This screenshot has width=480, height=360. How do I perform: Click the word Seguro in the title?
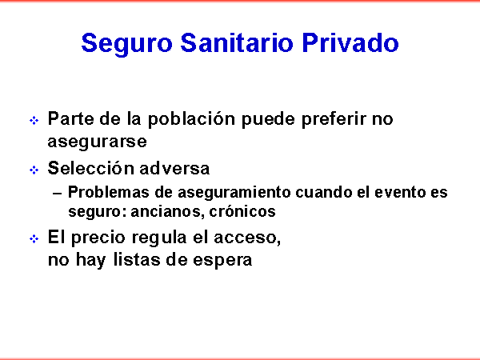127,44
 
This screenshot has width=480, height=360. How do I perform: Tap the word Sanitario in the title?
238,43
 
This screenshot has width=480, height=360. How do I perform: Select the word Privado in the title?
350,43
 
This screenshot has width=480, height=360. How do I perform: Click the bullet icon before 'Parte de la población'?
34,120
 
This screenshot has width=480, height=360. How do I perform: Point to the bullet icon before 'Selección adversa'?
34,170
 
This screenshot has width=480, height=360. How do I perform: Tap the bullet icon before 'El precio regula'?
34,238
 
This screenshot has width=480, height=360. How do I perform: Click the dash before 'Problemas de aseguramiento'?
58,193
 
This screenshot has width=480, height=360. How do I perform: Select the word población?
192,120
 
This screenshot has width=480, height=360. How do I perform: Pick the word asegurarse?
98,142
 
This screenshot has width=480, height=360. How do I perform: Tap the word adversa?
174,168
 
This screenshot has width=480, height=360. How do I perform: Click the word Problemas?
108,192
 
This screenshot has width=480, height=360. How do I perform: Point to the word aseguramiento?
234,193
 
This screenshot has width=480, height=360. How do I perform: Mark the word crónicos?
242,211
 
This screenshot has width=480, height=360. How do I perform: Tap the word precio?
98,238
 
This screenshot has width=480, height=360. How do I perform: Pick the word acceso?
247,238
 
